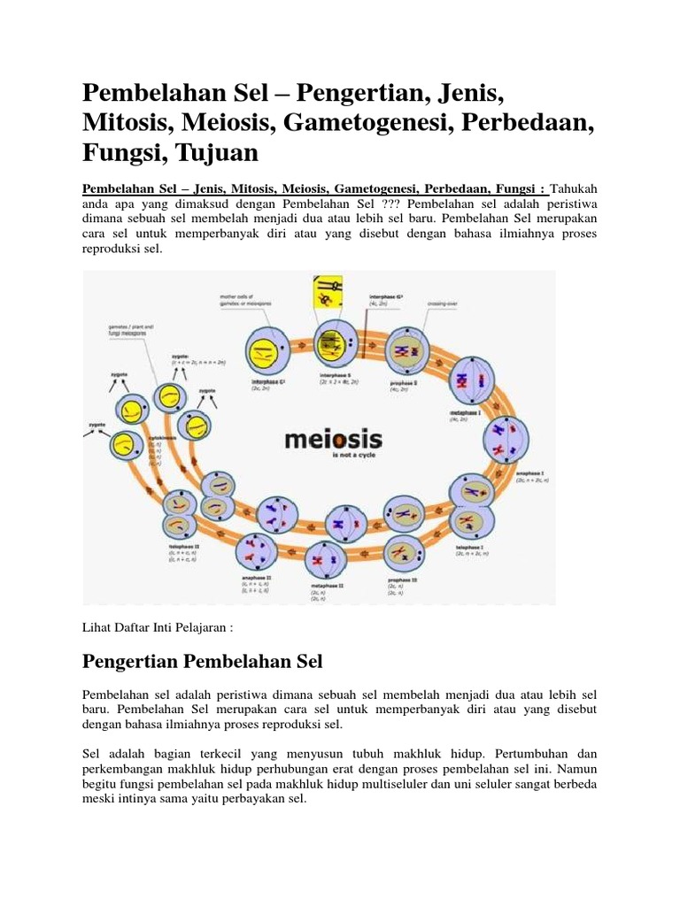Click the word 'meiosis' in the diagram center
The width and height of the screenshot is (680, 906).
(x=333, y=441)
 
